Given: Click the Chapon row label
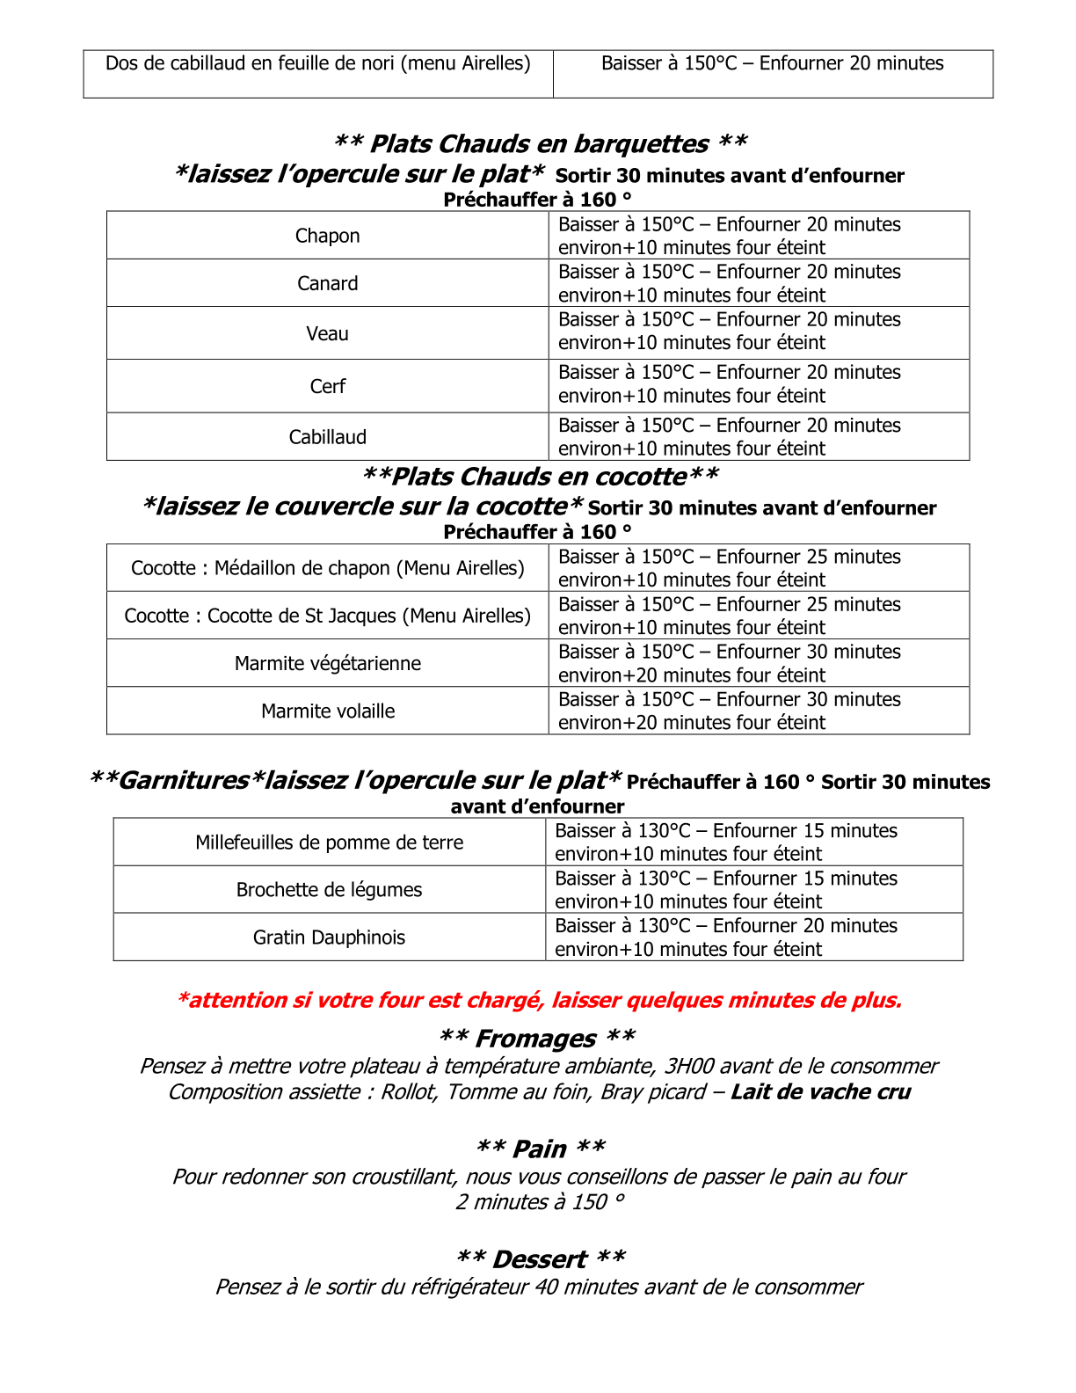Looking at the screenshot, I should [327, 236].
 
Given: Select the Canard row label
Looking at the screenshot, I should [327, 283].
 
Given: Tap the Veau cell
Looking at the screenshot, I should [327, 333].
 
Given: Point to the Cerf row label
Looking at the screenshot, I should [327, 386].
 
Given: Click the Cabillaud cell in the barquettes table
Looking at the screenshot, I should [327, 437].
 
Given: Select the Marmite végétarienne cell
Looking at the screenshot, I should [327, 663].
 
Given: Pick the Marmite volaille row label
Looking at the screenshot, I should [327, 711].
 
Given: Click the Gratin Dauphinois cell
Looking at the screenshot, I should [329, 937].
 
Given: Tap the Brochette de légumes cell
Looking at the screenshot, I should [329, 890].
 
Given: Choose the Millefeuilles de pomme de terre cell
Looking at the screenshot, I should [329, 842].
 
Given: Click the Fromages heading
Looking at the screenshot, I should [536, 1039].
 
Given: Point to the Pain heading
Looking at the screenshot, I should [540, 1149].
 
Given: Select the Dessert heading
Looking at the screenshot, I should [540, 1258].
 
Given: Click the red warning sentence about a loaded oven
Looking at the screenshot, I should [539, 1000].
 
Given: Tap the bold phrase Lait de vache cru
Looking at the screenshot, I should [820, 1092].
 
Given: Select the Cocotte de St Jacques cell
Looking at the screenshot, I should [327, 616].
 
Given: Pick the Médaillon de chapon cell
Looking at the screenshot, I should [327, 568].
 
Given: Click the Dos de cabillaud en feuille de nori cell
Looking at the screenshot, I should [317, 63].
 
